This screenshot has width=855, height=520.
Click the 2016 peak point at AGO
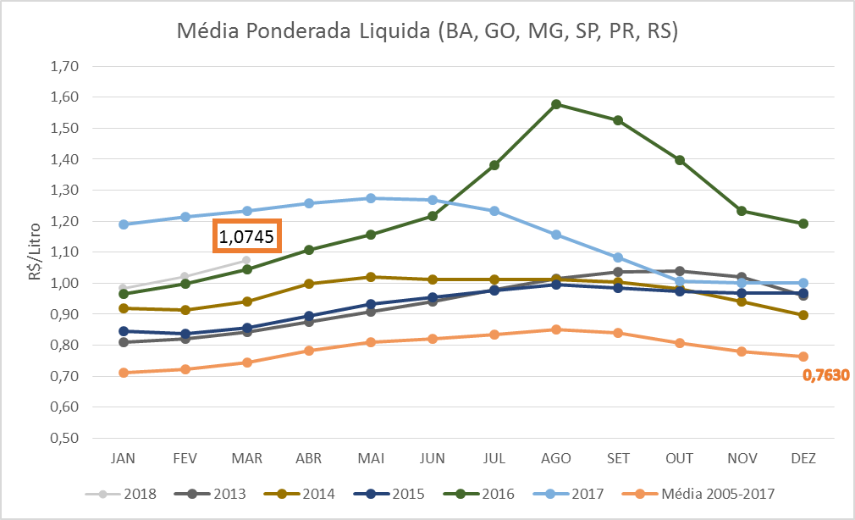[x=556, y=104]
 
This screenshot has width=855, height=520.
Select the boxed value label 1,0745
[x=246, y=237]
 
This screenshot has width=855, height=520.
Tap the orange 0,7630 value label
[x=825, y=374]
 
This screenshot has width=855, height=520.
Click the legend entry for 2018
[x=116, y=493]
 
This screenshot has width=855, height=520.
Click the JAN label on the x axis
[x=124, y=458]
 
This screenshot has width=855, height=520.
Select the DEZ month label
[x=803, y=458]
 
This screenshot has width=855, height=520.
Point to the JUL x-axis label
[x=494, y=458]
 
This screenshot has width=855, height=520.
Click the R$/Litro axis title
[x=33, y=253]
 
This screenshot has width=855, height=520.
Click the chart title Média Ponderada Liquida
[x=427, y=32]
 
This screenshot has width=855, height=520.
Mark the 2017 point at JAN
[x=124, y=224]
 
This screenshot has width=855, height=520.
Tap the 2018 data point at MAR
[x=246, y=260]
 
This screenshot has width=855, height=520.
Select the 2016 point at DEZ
[x=803, y=224]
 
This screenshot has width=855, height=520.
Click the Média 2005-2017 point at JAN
[x=124, y=373]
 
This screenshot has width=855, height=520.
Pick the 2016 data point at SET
[x=618, y=120]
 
